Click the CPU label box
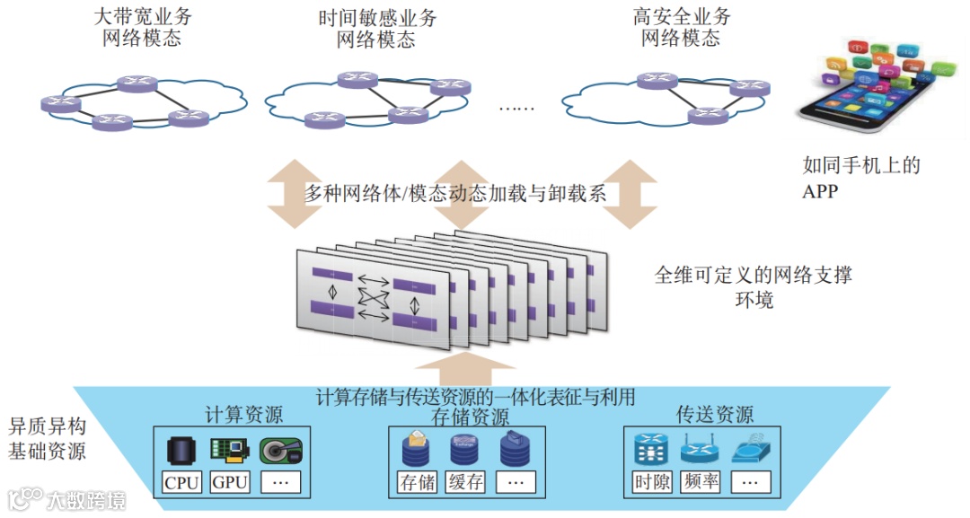coord(182,482)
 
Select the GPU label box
coord(230,482)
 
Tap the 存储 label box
coord(417,482)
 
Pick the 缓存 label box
coord(465,482)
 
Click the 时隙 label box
coord(652,482)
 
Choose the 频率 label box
coord(701,482)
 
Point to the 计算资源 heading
coord(243,415)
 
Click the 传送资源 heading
coord(715,415)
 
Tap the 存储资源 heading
coord(470,417)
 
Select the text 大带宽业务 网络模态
coord(143,28)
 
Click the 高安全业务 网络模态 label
coord(682,28)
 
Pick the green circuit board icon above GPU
coord(229,450)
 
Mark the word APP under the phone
coord(820,190)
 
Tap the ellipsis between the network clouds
coord(516,109)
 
